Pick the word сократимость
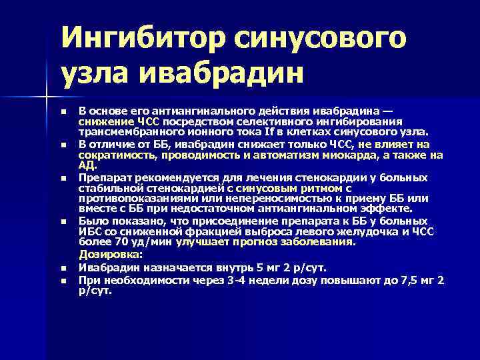point(116,154)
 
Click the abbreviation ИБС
point(89,231)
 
